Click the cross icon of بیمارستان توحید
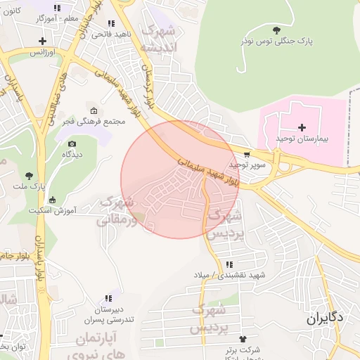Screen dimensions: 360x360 coord(302,127)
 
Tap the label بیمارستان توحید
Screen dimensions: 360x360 coord(303,139)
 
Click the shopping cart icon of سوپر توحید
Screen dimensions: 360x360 coord(246,154)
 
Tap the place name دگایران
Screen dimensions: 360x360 coord(325,318)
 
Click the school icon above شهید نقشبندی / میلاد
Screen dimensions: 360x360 coord(229,264)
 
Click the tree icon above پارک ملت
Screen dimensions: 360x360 coord(29,176)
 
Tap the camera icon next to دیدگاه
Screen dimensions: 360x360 coord(72,144)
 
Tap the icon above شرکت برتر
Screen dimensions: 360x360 coord(243,338)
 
